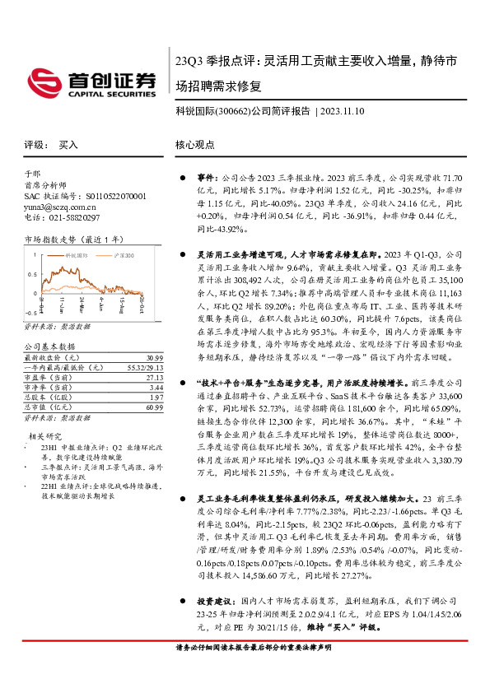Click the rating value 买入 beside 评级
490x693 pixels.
pyautogui.click(x=68, y=144)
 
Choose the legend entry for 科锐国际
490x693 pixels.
pyautogui.click(x=76, y=256)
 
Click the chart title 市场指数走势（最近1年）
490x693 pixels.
pyautogui.click(x=63, y=240)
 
